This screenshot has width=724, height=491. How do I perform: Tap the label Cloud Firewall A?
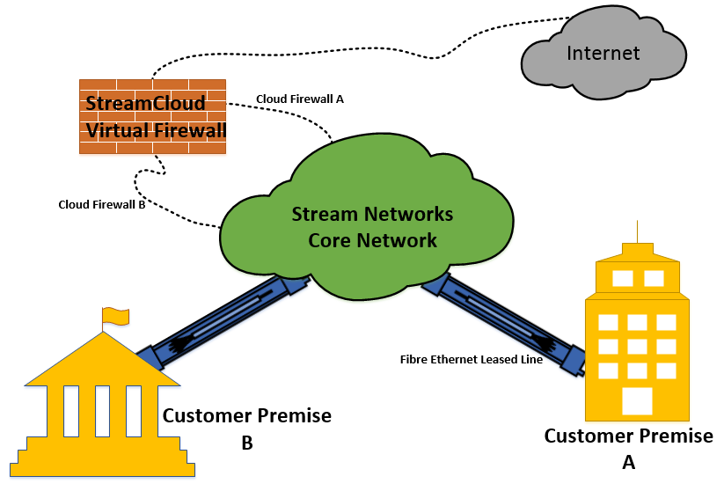click(299, 99)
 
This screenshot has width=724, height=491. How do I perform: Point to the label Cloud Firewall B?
click(101, 205)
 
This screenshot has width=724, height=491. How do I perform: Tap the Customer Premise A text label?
click(628, 446)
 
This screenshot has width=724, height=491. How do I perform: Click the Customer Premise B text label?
click(247, 428)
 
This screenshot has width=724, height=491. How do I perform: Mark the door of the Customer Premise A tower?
click(637, 400)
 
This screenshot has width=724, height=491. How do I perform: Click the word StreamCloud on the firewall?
click(145, 104)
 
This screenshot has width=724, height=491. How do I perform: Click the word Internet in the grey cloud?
click(603, 53)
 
